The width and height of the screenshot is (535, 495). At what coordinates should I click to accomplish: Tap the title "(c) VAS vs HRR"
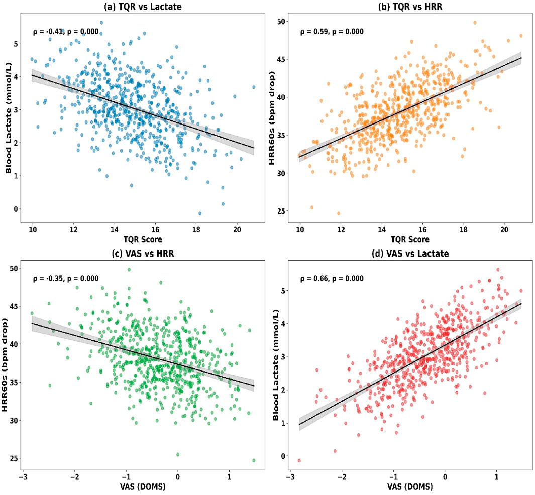(x=142, y=253)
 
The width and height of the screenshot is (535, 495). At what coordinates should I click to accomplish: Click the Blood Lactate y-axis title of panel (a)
(x=9, y=115)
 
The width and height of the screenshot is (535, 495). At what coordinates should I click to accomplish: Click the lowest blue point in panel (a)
(x=199, y=213)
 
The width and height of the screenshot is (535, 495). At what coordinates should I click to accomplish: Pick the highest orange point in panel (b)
(x=475, y=23)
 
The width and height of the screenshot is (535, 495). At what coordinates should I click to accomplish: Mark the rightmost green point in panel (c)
(x=254, y=460)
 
